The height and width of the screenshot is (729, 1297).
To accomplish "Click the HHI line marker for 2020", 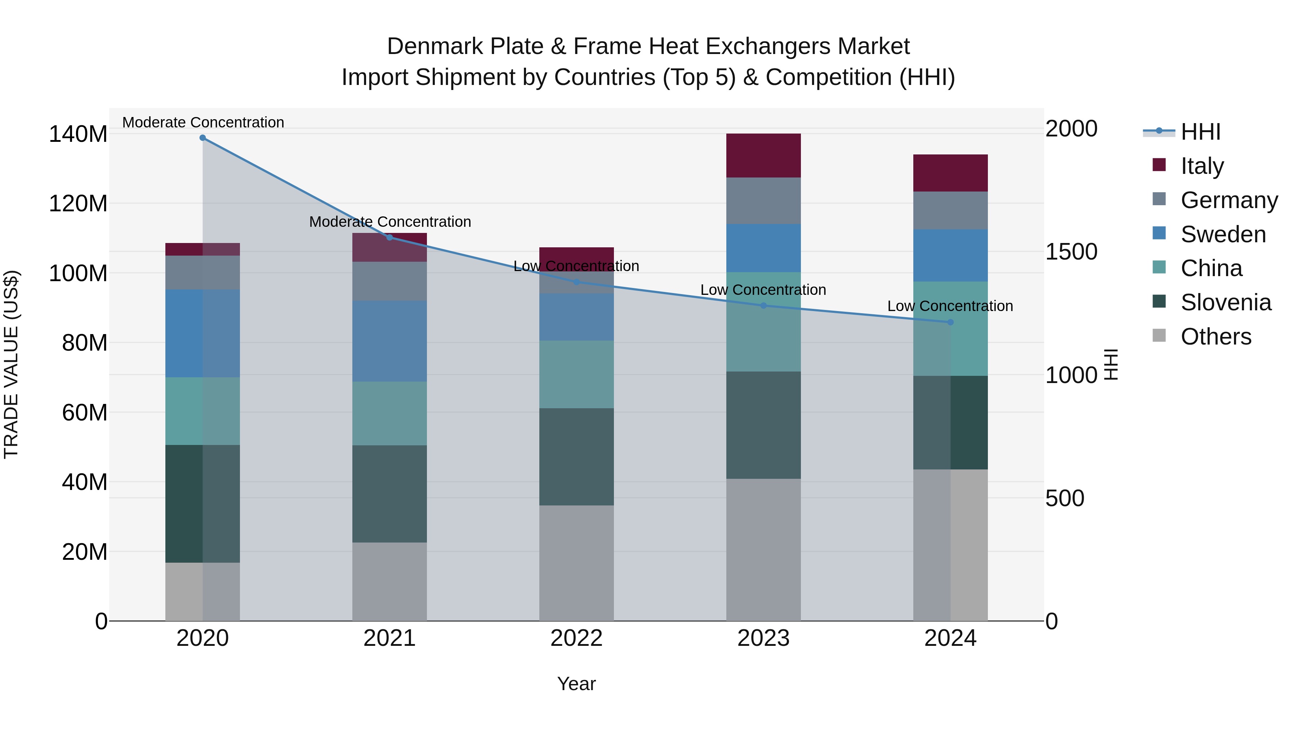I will pyautogui.click(x=202, y=138).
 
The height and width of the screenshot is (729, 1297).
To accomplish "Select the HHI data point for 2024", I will pyautogui.click(x=950, y=322).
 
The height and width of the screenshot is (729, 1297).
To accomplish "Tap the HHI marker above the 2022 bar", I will pyautogui.click(x=576, y=282).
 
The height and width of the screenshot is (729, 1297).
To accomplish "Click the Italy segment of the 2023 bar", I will pyautogui.click(x=763, y=156).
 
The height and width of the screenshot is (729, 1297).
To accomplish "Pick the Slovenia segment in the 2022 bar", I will pyautogui.click(x=576, y=456).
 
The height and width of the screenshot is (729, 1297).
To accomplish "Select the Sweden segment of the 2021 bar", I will pyautogui.click(x=389, y=341).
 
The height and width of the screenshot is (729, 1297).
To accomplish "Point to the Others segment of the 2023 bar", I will pyautogui.click(x=763, y=549).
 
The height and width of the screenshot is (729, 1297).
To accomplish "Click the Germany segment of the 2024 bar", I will pyautogui.click(x=950, y=210).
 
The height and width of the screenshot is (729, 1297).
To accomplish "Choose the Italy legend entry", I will pyautogui.click(x=1202, y=166).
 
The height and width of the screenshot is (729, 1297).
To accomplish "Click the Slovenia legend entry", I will pyautogui.click(x=1226, y=302).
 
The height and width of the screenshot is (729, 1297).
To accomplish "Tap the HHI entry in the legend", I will pyautogui.click(x=1200, y=132).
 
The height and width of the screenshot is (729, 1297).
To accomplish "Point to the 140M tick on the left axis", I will pyautogui.click(x=78, y=134).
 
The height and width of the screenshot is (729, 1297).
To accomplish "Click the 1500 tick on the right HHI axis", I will pyautogui.click(x=1071, y=252).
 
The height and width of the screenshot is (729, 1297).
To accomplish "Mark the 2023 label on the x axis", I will pyautogui.click(x=763, y=638).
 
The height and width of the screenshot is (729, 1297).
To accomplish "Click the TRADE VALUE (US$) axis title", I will pyautogui.click(x=11, y=364).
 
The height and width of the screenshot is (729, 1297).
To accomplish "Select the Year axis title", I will pyautogui.click(x=576, y=684).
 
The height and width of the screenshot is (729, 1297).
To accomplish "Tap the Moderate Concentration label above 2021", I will pyautogui.click(x=390, y=222).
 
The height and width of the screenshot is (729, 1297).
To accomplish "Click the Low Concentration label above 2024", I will pyautogui.click(x=950, y=306).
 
